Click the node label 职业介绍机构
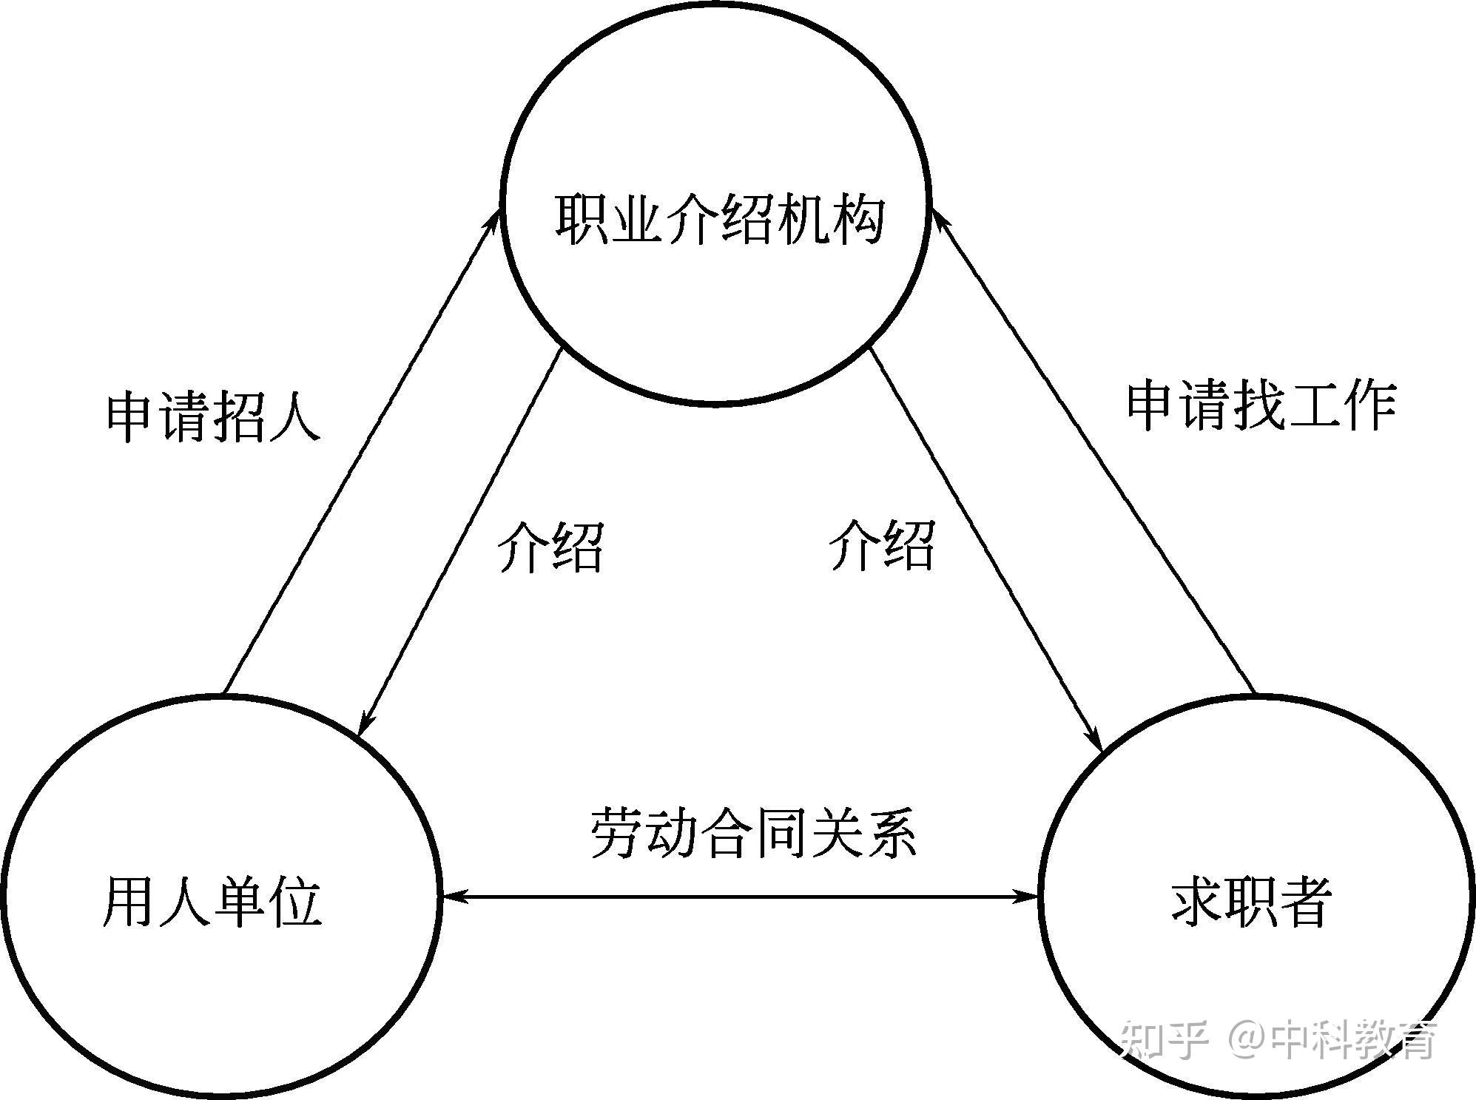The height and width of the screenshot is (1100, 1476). pyautogui.click(x=719, y=220)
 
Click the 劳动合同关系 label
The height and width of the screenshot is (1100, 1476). pyautogui.click(x=753, y=833)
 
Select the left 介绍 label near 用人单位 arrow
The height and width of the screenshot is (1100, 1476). pyautogui.click(x=550, y=547)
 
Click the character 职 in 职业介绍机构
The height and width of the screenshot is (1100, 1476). pyautogui.click(x=581, y=220)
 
